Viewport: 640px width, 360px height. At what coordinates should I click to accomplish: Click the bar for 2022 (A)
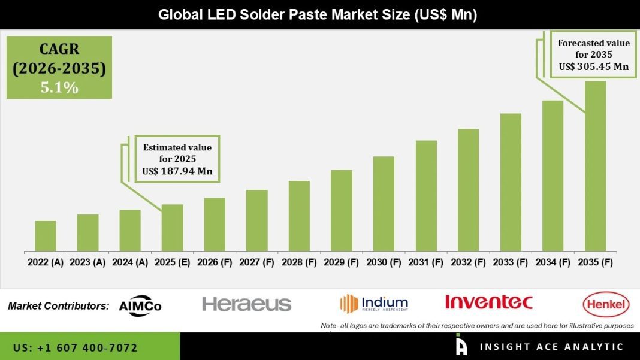pos(46,236)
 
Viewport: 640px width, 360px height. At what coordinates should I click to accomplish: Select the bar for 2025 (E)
pos(172,228)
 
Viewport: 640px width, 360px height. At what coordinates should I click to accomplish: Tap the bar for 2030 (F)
pos(384,204)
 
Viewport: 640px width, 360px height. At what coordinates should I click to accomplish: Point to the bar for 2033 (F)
pos(511,182)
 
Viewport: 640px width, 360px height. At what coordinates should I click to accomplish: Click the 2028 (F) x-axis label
pos(299,262)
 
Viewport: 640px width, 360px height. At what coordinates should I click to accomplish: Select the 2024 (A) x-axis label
pos(130,262)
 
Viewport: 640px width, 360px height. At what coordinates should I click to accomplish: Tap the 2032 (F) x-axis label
pos(468,262)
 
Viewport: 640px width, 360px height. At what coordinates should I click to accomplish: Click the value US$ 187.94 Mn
pos(177,171)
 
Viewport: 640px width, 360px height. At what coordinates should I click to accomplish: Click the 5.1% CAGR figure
pos(59,87)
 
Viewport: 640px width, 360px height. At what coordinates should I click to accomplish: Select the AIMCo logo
pos(141,305)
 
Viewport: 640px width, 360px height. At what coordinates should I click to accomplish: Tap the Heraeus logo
pos(247,304)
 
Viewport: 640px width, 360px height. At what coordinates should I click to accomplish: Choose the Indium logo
pos(375,303)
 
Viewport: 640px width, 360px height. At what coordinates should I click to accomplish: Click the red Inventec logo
pos(488,302)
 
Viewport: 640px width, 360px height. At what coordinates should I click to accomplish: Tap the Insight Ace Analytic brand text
pos(551,347)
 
